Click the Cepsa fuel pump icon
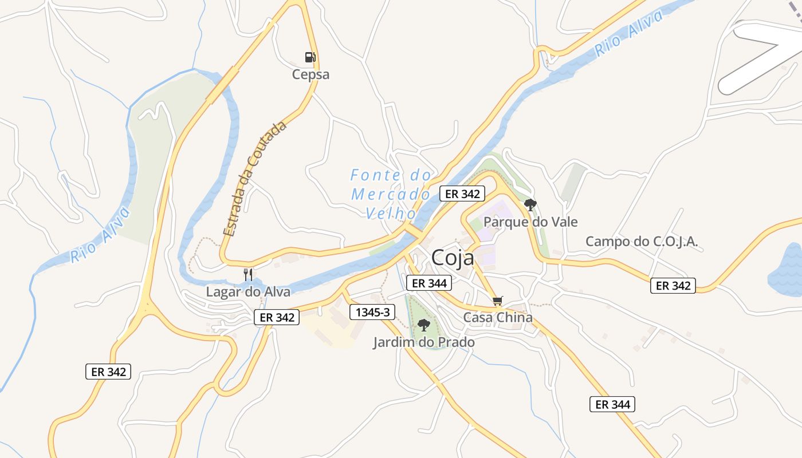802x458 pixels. pos(310,57)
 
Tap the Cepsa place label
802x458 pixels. pos(310,74)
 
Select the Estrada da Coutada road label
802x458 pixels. pos(255,179)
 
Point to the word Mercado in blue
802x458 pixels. pos(391,194)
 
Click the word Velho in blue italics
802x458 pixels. pos(391,213)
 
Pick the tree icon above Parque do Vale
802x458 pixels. pos(530,204)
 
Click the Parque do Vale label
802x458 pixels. pos(530,222)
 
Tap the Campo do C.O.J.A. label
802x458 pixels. pos(642,242)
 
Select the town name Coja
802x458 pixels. pos(453,258)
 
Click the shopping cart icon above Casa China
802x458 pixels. pos(498,301)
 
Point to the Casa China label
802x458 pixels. pos(498,317)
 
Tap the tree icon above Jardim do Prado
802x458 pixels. pos(423,325)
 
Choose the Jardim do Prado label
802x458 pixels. pos(424,342)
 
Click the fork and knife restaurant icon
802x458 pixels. pos(248,275)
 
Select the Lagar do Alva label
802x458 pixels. pos(248,291)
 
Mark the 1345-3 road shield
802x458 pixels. pos(372,312)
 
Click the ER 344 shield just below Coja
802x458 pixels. pos(429,282)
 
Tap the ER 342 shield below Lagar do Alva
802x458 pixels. pos(277,317)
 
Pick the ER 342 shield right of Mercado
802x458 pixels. pos(462,194)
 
